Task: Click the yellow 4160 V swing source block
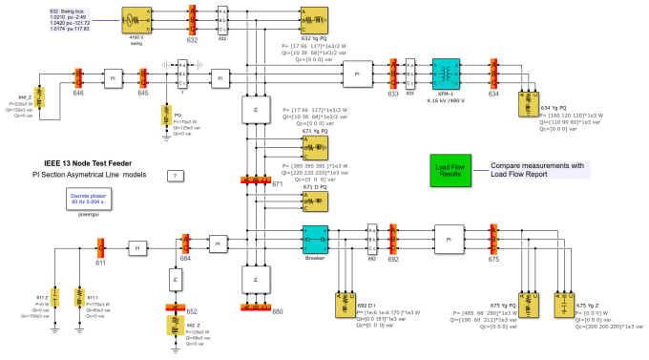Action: coord(137,18)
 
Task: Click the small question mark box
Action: coord(174,177)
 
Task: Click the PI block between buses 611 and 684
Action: coord(136,246)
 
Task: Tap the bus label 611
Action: coord(100,261)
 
